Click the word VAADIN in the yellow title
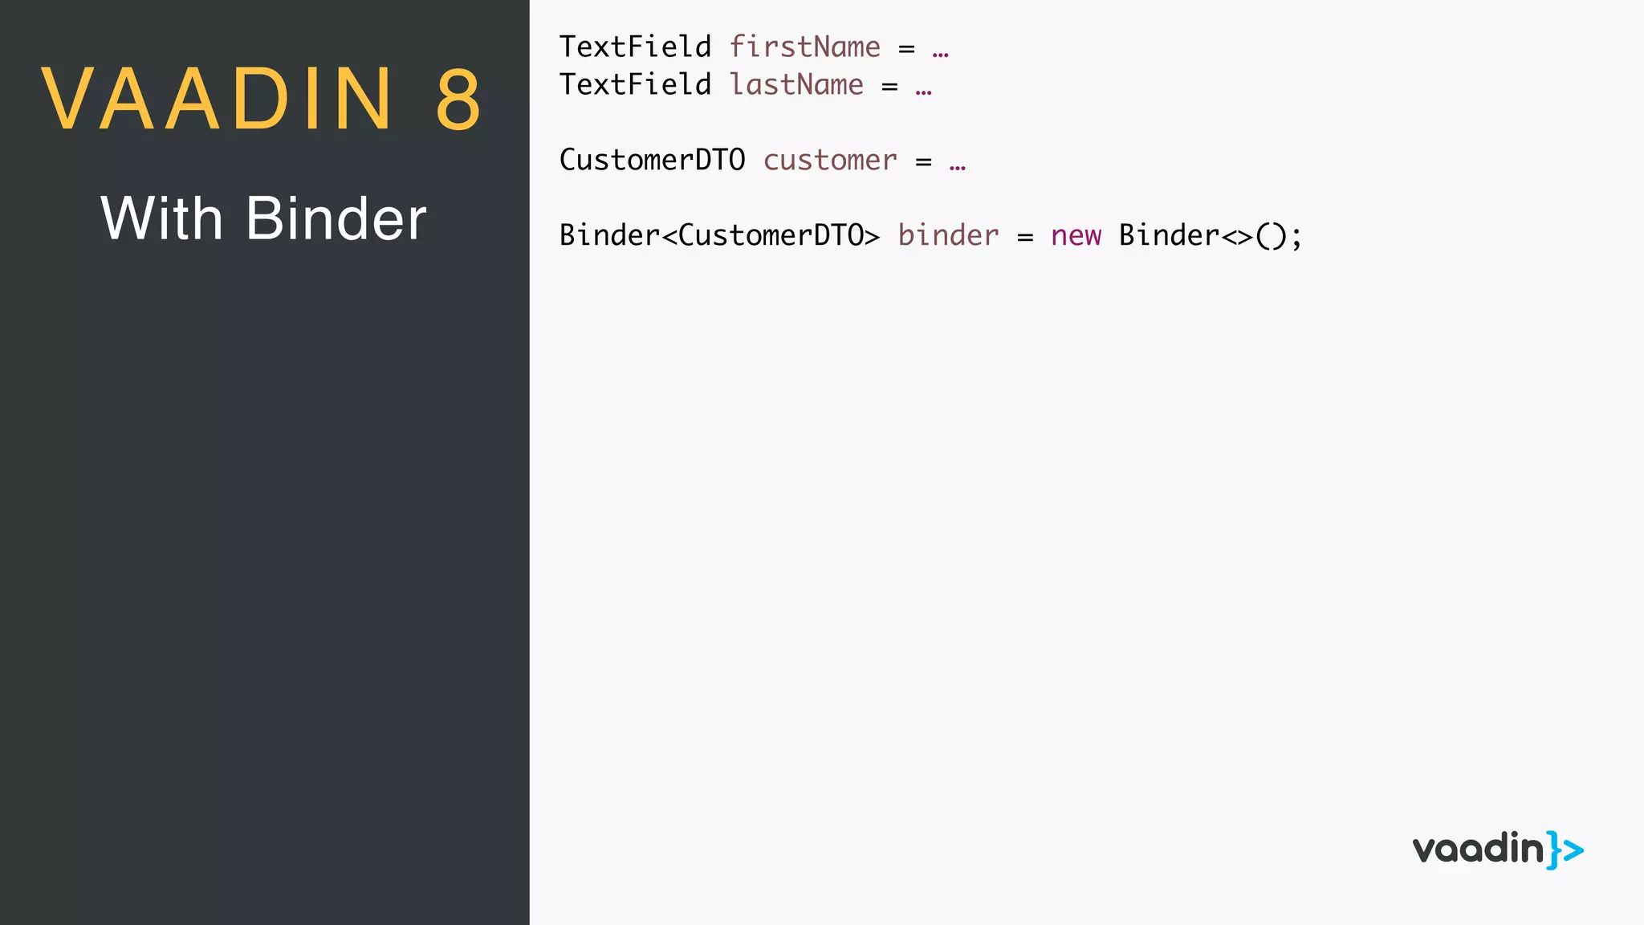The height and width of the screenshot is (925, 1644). coord(217,99)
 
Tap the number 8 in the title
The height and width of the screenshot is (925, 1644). coord(458,99)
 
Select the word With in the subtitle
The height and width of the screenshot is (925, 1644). coord(161,218)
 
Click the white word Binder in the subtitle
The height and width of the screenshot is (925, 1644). coord(336,218)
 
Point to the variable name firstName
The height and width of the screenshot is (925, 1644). coord(804,47)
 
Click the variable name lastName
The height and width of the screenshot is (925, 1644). coord(796,84)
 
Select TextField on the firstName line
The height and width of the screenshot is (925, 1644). coord(635,47)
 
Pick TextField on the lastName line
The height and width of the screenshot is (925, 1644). coord(635,84)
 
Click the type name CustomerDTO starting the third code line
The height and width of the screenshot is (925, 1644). coord(652,160)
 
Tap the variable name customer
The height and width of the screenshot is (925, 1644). coord(830,160)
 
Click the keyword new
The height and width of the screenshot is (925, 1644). coord(1076,235)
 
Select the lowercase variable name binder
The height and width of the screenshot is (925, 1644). coord(948,235)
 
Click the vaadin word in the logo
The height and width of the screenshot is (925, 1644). coord(1478,849)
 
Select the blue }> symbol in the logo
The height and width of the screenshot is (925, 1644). coord(1565,850)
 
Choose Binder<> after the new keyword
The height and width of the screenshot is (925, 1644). coord(1185,235)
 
